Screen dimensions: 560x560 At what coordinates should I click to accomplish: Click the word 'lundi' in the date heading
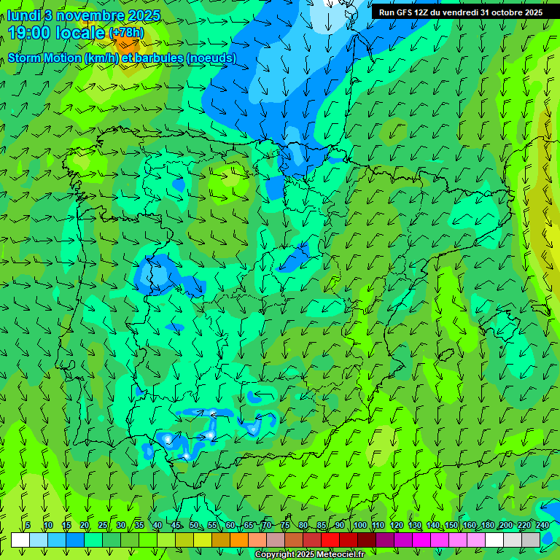(23, 15)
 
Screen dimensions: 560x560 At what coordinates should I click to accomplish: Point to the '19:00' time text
(34, 32)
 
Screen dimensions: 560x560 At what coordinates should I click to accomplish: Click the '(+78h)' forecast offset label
(126, 33)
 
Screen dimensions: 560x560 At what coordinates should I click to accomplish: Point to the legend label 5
(28, 525)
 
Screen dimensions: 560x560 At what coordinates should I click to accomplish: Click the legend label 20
(84, 525)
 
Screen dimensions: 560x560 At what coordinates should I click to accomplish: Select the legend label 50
(193, 525)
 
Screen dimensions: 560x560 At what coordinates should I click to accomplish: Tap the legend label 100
(359, 525)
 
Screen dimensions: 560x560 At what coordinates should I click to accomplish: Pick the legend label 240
(542, 525)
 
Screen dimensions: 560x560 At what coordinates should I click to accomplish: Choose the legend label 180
(487, 525)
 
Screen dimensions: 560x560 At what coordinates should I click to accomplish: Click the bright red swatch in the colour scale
(330, 540)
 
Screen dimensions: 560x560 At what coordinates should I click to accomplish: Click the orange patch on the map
(125, 44)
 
